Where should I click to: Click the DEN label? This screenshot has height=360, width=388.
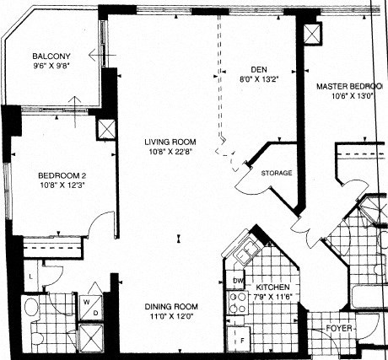click(x=258, y=70)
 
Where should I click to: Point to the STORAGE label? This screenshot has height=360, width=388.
click(x=277, y=173)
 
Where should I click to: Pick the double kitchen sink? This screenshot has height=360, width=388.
click(x=245, y=252)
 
